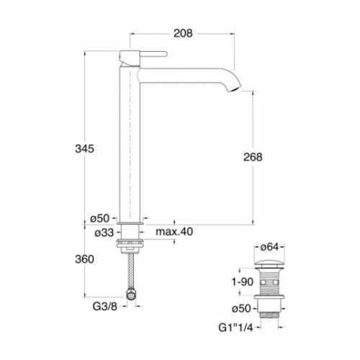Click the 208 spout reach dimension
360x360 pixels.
coord(184,32)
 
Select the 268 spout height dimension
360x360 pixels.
coord(253,158)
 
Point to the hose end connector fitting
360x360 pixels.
coord(130,293)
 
